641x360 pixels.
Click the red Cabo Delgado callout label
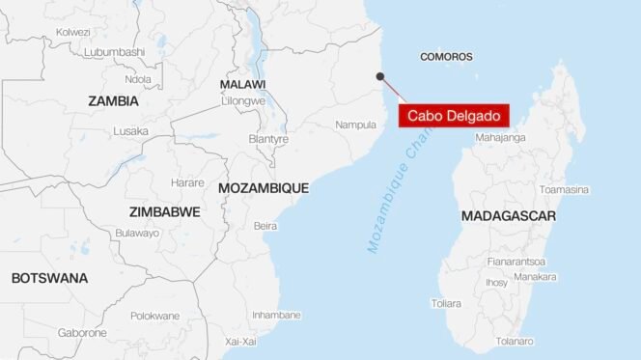point(452,116)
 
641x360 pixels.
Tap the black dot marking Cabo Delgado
point(380,76)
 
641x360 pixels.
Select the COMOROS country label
point(446,57)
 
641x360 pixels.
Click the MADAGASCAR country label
point(508,216)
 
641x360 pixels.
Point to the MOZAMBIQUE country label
point(264,188)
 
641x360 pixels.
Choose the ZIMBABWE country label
point(165,210)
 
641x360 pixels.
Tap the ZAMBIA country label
point(113,100)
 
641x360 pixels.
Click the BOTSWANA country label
point(49,278)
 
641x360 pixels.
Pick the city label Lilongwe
point(242,100)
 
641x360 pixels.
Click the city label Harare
point(187,182)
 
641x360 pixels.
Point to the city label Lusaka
point(130,131)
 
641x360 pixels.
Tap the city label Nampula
point(355,125)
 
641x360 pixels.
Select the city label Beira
point(265,226)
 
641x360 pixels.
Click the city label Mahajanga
point(500,137)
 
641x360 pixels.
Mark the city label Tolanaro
point(514,341)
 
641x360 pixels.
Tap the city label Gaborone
point(82,333)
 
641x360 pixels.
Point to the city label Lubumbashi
point(114,51)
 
